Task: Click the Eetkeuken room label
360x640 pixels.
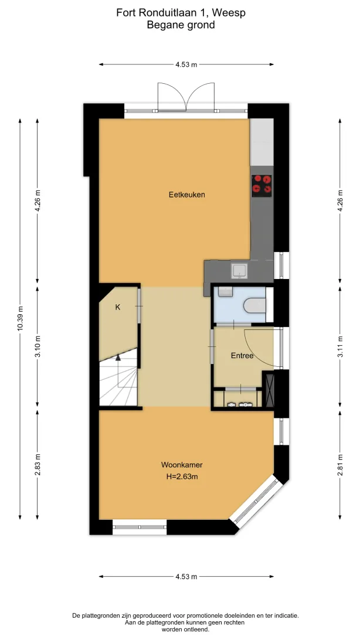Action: [x=186, y=195]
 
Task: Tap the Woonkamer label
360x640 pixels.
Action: [x=182, y=465]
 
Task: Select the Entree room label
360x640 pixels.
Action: [x=242, y=356]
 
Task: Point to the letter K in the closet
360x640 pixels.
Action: [x=118, y=307]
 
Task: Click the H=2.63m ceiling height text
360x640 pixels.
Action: [x=182, y=476]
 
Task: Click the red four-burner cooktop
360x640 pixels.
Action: [x=261, y=183]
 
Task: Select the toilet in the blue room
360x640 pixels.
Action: [x=255, y=305]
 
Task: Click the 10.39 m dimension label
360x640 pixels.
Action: [x=20, y=319]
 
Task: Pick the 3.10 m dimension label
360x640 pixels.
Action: [x=37, y=346]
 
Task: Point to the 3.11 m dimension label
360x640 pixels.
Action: [x=340, y=346]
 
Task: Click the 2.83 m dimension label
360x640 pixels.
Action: [x=37, y=465]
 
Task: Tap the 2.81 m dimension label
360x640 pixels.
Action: [x=340, y=465]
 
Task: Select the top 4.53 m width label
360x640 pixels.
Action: [x=186, y=64]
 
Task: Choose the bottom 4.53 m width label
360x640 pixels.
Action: [x=186, y=576]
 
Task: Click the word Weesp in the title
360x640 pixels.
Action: [x=232, y=13]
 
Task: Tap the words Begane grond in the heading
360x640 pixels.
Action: [x=181, y=25]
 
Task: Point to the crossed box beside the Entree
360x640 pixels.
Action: [x=269, y=389]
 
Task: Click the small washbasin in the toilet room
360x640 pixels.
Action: [x=225, y=291]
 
